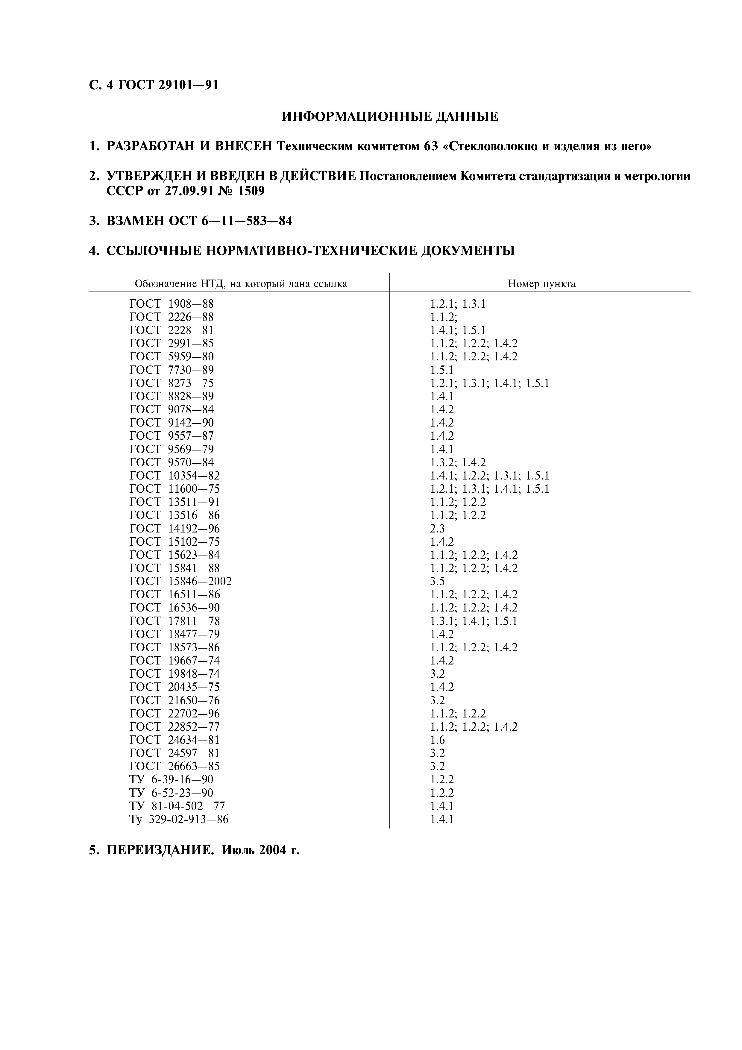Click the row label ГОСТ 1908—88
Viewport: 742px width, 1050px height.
coord(172,304)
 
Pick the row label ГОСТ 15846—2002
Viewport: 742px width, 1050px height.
coord(180,581)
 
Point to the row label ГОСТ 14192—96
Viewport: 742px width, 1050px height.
coord(175,529)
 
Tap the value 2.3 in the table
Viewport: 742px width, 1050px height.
coord(437,529)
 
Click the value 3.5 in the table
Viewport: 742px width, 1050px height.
coord(437,581)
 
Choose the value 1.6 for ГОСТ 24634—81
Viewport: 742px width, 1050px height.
coord(437,740)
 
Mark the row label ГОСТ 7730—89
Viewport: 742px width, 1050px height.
coord(172,370)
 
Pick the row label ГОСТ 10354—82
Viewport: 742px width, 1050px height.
coord(175,476)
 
